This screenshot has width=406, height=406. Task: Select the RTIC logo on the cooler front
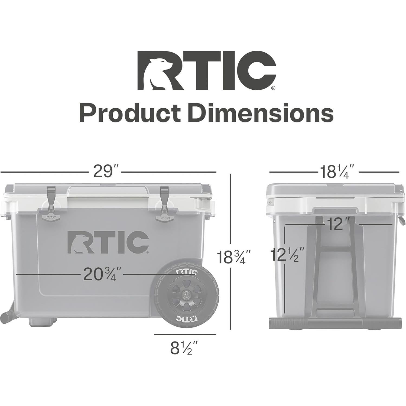point(108,242)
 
